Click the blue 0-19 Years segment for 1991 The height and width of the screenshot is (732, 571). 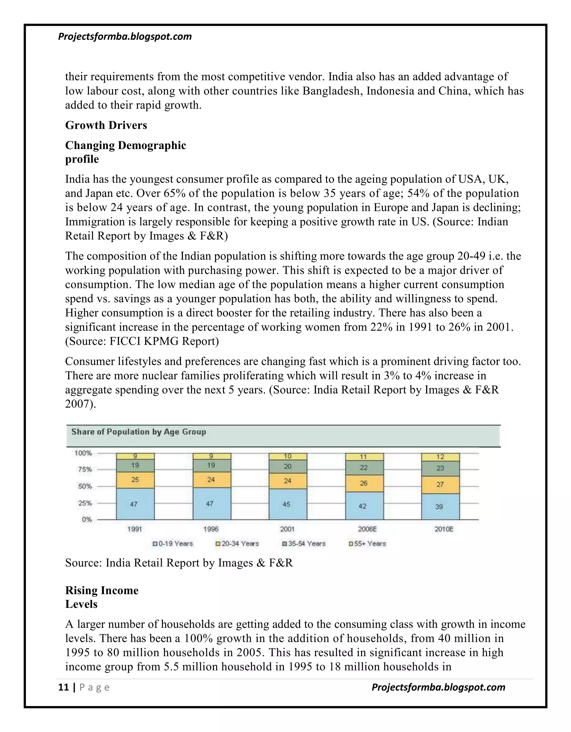pyautogui.click(x=135, y=504)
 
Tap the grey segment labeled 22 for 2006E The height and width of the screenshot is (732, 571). pyautogui.click(x=364, y=468)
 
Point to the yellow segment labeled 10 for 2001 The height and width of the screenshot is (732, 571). pyautogui.click(x=288, y=456)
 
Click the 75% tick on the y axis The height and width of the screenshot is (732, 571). pyautogui.click(x=85, y=469)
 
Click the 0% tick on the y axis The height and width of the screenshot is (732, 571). pyautogui.click(x=86, y=519)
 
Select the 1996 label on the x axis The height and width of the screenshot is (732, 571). pyautogui.click(x=211, y=529)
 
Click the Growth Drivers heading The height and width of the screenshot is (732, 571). pyautogui.click(x=106, y=125)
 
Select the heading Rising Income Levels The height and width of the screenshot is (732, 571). pyautogui.click(x=101, y=597)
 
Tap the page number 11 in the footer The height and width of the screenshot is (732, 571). pyautogui.click(x=63, y=687)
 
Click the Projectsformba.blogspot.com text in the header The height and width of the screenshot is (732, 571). pyautogui.click(x=125, y=36)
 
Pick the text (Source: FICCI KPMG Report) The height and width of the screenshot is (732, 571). pyautogui.click(x=142, y=341)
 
